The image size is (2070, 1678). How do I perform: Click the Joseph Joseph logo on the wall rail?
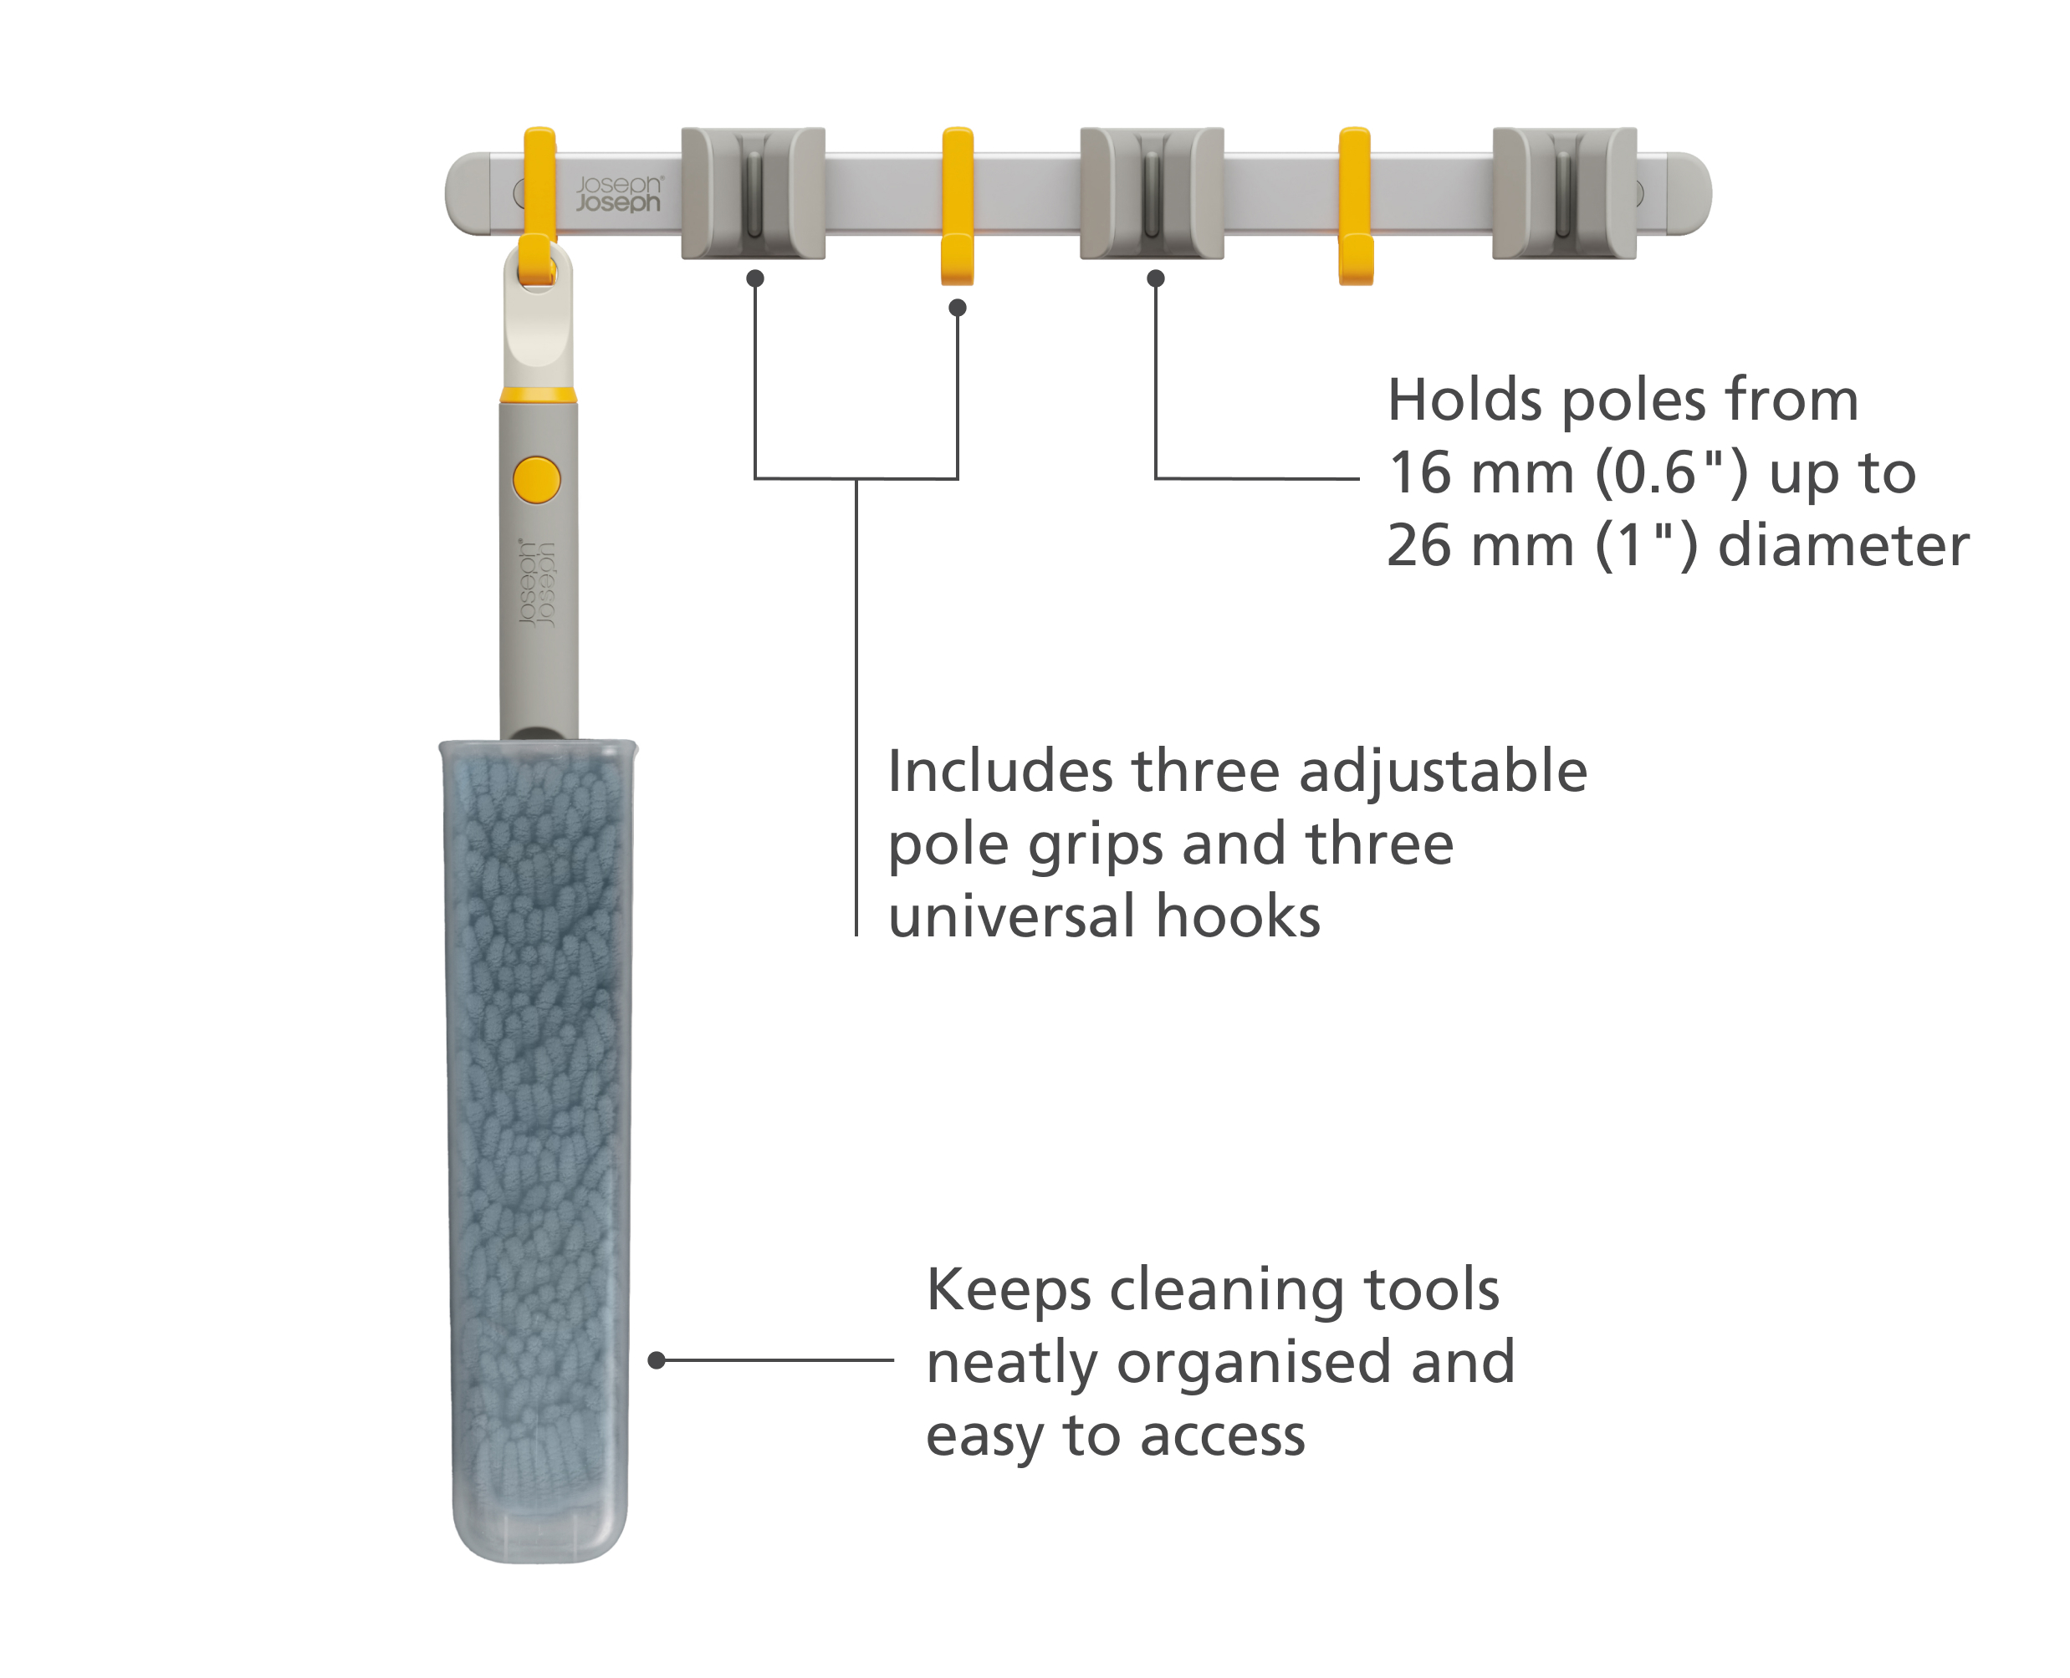619,193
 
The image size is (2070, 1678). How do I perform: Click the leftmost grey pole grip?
754,193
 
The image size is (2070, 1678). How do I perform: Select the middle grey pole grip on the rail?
1152,193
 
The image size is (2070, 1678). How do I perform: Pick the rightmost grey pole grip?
1564,193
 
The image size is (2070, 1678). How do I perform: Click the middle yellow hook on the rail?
957,206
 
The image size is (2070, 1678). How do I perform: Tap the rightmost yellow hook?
1356,206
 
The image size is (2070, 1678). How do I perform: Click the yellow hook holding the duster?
539,206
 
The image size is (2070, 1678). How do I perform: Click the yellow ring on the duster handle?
539,395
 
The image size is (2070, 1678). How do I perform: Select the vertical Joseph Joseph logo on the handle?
538,584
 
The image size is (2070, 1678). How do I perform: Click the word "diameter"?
1843,545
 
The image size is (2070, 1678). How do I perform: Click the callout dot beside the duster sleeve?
657,1361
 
